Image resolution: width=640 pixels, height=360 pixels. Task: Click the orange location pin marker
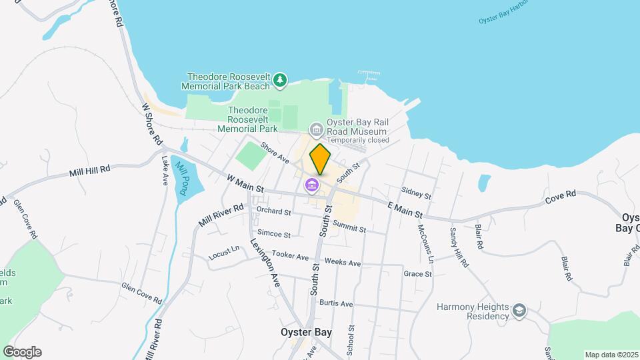tap(320, 159)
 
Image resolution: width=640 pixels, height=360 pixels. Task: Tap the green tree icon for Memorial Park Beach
tap(281, 81)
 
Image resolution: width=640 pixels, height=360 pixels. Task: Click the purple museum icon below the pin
tap(311, 185)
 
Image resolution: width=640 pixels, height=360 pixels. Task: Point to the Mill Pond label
tap(180, 177)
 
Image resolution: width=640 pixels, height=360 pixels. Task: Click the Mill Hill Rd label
tap(89, 171)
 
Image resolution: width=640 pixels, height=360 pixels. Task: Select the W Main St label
tap(245, 184)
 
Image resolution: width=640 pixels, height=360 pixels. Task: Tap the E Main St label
tap(405, 211)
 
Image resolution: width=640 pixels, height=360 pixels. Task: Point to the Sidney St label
tap(417, 193)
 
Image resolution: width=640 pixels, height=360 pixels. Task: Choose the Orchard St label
tap(274, 211)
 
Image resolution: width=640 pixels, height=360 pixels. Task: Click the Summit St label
tap(349, 227)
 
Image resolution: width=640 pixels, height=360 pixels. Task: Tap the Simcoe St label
tap(274, 234)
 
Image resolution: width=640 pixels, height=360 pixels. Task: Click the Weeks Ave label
tap(343, 263)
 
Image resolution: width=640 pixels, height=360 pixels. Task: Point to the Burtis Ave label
tap(336, 303)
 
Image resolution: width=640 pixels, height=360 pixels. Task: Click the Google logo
tap(22, 352)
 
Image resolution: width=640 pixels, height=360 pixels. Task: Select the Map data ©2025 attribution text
tap(611, 355)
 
